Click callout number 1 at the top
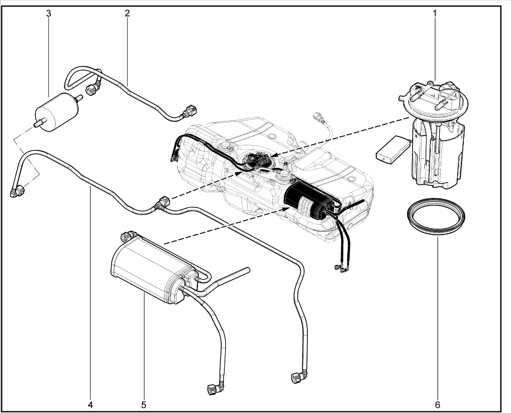(x=435, y=14)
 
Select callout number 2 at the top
(x=127, y=13)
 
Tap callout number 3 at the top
(x=49, y=14)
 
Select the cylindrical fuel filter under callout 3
(x=57, y=112)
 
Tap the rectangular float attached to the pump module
(x=393, y=150)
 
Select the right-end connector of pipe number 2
(x=190, y=110)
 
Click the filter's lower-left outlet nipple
(x=38, y=125)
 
